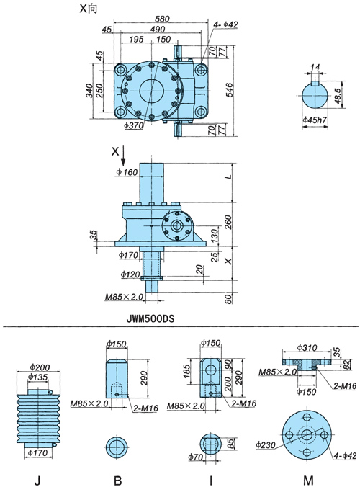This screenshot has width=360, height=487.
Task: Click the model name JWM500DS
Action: coord(150,318)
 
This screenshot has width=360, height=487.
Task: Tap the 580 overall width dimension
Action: coord(162,19)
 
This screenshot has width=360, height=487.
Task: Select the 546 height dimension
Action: coord(229,90)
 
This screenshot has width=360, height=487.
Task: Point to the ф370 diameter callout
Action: coord(134,125)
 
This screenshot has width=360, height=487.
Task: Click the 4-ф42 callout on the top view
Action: coord(225,24)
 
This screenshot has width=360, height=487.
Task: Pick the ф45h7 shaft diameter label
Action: coord(315,120)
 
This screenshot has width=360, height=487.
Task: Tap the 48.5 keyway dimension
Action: coord(338,96)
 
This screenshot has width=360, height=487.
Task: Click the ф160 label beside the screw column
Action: coord(127,171)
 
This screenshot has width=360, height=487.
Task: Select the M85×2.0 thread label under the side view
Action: coord(124,297)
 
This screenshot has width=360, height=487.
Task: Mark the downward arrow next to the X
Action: coord(123,156)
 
